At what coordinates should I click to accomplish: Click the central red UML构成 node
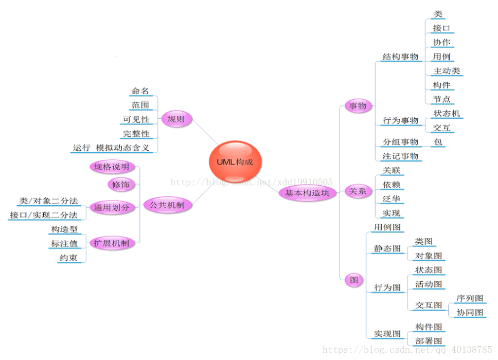[235, 161]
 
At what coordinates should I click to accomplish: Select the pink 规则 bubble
[176, 119]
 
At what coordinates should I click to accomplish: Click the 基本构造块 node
[307, 193]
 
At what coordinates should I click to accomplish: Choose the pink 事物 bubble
[358, 106]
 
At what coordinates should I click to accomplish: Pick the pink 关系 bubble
[358, 191]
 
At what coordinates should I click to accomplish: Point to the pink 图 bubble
[354, 280]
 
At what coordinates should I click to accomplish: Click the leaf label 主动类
[447, 71]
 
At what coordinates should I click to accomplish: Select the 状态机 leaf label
[447, 114]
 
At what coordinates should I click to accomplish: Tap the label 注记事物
[400, 156]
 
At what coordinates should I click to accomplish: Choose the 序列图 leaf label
[470, 298]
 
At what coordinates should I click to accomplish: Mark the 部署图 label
[429, 341]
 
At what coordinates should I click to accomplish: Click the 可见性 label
[136, 119]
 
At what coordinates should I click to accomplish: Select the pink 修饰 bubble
[121, 184]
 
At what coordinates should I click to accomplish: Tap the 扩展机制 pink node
[111, 243]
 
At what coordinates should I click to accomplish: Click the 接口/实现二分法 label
[44, 214]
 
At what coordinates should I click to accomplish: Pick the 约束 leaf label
[68, 257]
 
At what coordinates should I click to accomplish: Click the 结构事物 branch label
[400, 57]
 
